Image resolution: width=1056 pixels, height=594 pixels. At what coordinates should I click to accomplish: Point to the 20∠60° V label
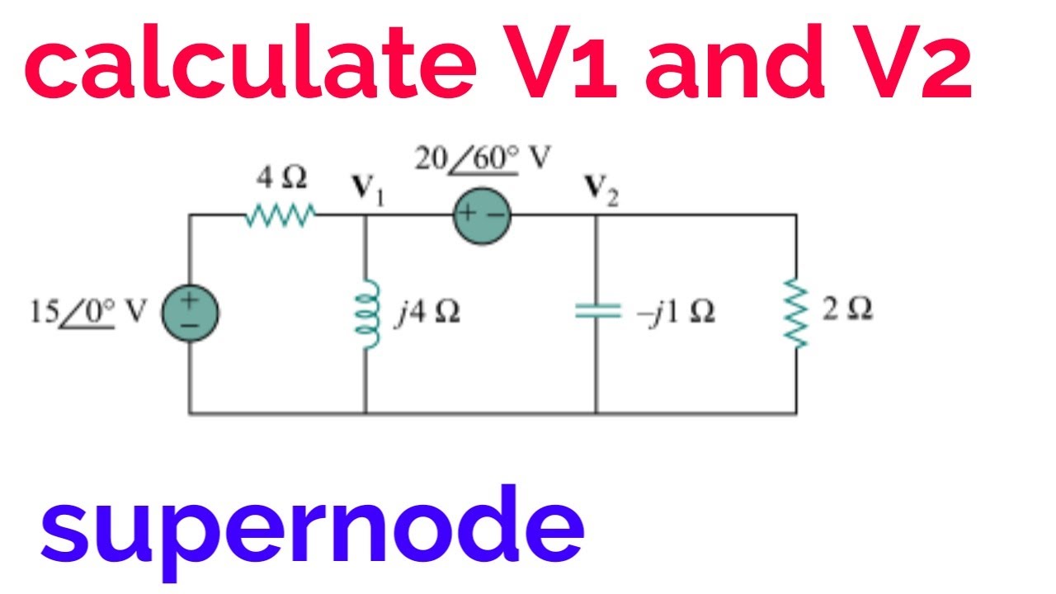click(482, 158)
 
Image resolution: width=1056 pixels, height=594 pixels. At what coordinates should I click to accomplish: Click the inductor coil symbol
click(366, 317)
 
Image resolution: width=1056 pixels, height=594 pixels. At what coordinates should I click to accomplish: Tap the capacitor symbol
click(596, 311)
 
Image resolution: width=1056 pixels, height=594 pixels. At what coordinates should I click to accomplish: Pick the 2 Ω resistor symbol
click(797, 314)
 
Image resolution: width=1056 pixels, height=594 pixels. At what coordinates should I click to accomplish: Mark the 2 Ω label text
click(847, 310)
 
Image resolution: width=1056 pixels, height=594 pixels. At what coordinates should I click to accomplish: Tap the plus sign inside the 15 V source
click(190, 301)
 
